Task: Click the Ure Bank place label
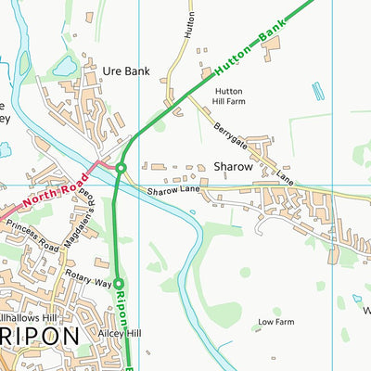125,70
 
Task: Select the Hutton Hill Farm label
229,97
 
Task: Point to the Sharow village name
233,167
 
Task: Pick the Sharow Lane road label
172,191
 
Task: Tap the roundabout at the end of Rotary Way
119,282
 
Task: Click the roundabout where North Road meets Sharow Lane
121,167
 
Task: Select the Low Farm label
275,322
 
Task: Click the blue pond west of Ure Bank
65,65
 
